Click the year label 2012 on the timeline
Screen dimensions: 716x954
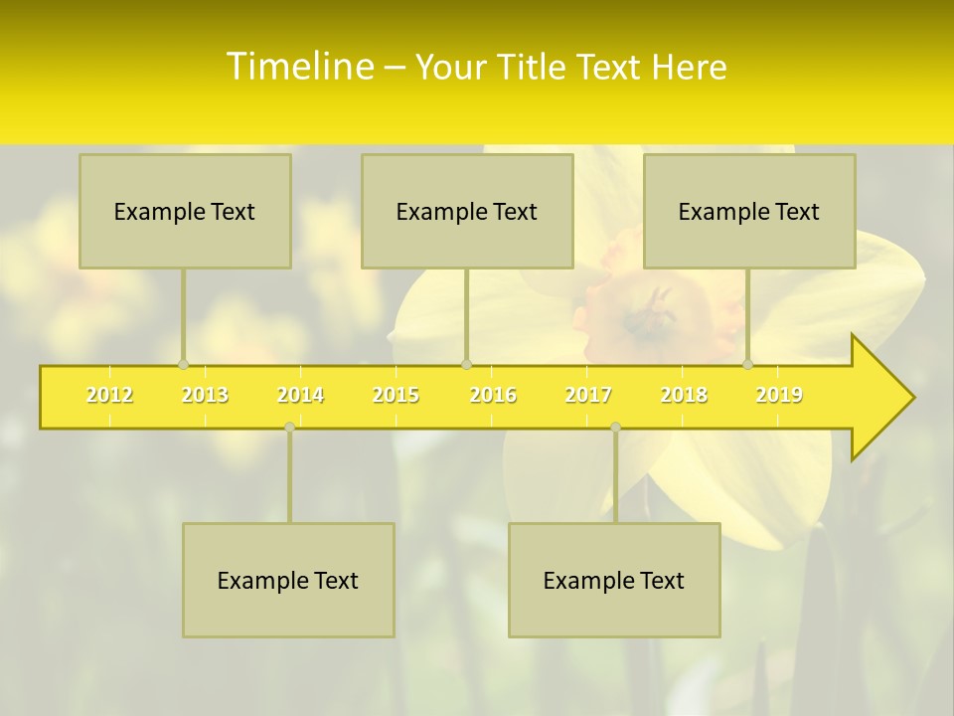(x=109, y=395)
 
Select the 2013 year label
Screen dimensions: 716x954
(x=205, y=395)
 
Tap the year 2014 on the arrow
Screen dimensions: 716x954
(x=300, y=395)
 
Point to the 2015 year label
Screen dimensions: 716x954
(x=396, y=395)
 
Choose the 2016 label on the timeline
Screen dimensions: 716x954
(x=493, y=395)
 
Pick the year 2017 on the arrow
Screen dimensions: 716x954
(x=588, y=395)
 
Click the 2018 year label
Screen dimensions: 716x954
(x=684, y=395)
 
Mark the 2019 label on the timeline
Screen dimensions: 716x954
(x=779, y=395)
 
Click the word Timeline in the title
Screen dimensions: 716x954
(x=298, y=67)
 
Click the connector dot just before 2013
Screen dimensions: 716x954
(x=183, y=365)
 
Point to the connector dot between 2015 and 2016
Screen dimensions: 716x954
(x=466, y=365)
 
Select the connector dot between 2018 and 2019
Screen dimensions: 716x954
(x=748, y=365)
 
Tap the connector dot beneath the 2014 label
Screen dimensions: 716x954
(x=289, y=428)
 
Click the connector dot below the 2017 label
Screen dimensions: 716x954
(x=615, y=428)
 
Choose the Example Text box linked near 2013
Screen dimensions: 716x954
(x=185, y=211)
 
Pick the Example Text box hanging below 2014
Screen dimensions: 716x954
(x=288, y=580)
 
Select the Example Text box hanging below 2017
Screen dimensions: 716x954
(x=614, y=580)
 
